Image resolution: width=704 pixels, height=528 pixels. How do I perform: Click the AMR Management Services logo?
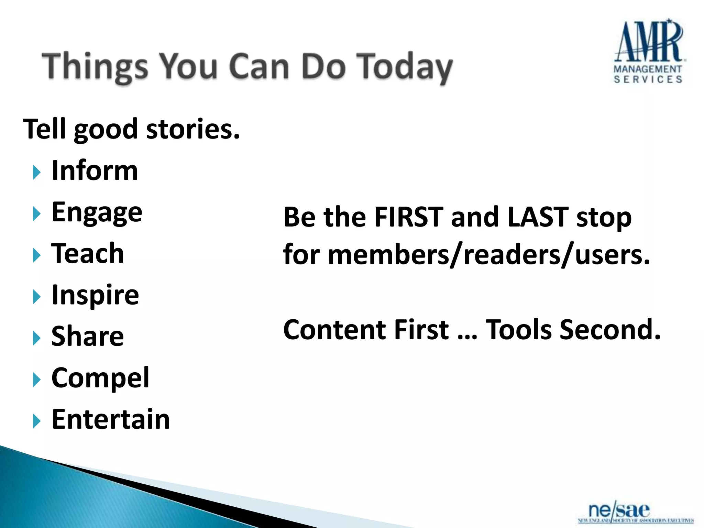pos(648,52)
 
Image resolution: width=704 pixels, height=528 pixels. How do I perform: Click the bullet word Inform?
pos(95,171)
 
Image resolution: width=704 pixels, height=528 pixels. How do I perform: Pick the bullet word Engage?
pos(97,213)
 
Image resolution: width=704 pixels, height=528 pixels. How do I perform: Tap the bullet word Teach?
pos(88,254)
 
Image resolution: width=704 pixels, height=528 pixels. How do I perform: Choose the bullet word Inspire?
pos(95,295)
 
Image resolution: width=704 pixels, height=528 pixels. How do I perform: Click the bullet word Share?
pos(88,337)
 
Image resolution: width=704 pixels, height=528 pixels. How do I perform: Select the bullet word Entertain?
pos(111,420)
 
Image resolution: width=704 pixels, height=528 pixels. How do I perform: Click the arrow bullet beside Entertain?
pos(36,421)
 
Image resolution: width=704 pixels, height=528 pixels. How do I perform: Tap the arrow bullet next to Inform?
pos(36,172)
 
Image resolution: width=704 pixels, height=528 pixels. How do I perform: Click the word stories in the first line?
pos(192,130)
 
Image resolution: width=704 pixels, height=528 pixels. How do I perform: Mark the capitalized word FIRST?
pos(409,217)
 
